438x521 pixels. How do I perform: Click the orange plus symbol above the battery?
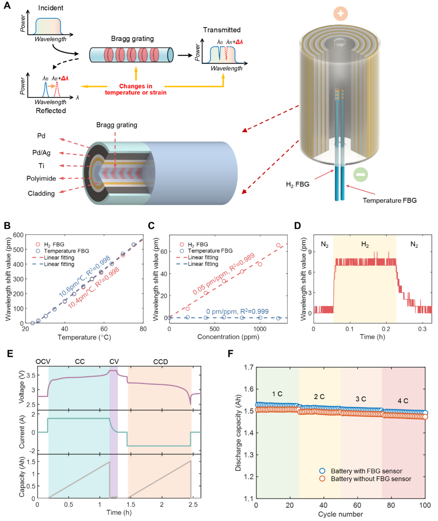(340, 13)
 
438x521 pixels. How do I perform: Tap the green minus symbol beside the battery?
(360, 174)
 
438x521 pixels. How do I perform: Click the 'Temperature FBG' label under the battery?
(389, 200)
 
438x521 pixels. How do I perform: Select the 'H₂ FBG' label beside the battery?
(298, 184)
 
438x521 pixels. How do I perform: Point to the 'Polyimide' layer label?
(41, 178)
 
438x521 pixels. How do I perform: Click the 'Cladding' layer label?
(41, 193)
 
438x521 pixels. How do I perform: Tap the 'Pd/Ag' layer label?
(41, 153)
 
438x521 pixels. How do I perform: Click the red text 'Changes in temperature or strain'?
(136, 89)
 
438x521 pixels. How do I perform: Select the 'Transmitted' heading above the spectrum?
(222, 30)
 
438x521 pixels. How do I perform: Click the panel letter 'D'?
(298, 225)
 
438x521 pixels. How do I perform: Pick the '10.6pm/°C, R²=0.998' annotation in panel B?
(85, 276)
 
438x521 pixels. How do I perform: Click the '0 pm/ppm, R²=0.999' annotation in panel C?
(237, 311)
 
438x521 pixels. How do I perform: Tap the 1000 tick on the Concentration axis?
(260, 329)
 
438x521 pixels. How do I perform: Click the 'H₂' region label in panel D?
(365, 244)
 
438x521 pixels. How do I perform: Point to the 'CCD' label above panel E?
(160, 362)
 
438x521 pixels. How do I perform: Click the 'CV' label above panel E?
(114, 361)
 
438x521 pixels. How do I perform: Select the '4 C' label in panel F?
(403, 401)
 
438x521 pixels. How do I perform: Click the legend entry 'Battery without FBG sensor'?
(371, 479)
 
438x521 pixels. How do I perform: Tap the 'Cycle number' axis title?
(340, 514)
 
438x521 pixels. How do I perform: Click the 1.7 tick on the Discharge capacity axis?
(248, 367)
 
